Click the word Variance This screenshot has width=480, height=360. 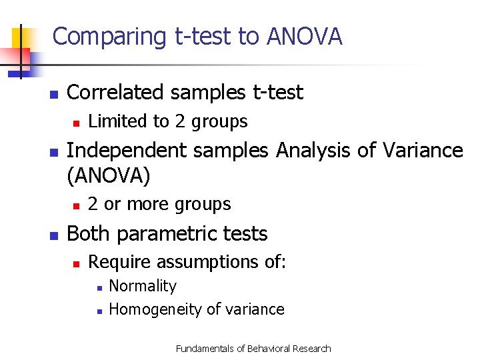click(422, 151)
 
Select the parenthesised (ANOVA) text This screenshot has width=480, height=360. click(109, 175)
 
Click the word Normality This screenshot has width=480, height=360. click(143, 287)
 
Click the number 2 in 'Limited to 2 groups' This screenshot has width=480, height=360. click(180, 121)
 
